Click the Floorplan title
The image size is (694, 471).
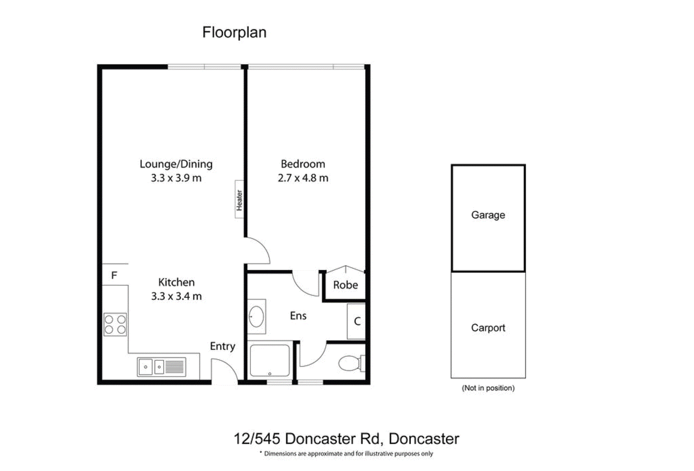(234, 33)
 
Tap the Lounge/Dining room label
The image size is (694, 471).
(176, 164)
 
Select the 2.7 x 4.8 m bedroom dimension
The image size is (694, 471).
(303, 178)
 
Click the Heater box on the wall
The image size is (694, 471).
(239, 199)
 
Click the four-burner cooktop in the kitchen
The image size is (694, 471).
(115, 324)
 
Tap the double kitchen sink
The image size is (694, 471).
(162, 367)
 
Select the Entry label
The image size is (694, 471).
(222, 346)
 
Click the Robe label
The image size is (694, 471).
(346, 285)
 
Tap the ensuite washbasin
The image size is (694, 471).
(256, 316)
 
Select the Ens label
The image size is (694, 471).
(298, 316)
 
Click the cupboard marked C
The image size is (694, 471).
(356, 321)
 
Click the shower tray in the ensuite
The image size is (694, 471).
(270, 360)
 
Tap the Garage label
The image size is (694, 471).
(488, 215)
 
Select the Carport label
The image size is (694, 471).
(488, 328)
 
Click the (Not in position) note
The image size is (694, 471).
(488, 388)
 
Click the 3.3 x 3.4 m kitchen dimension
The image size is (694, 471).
(176, 296)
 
